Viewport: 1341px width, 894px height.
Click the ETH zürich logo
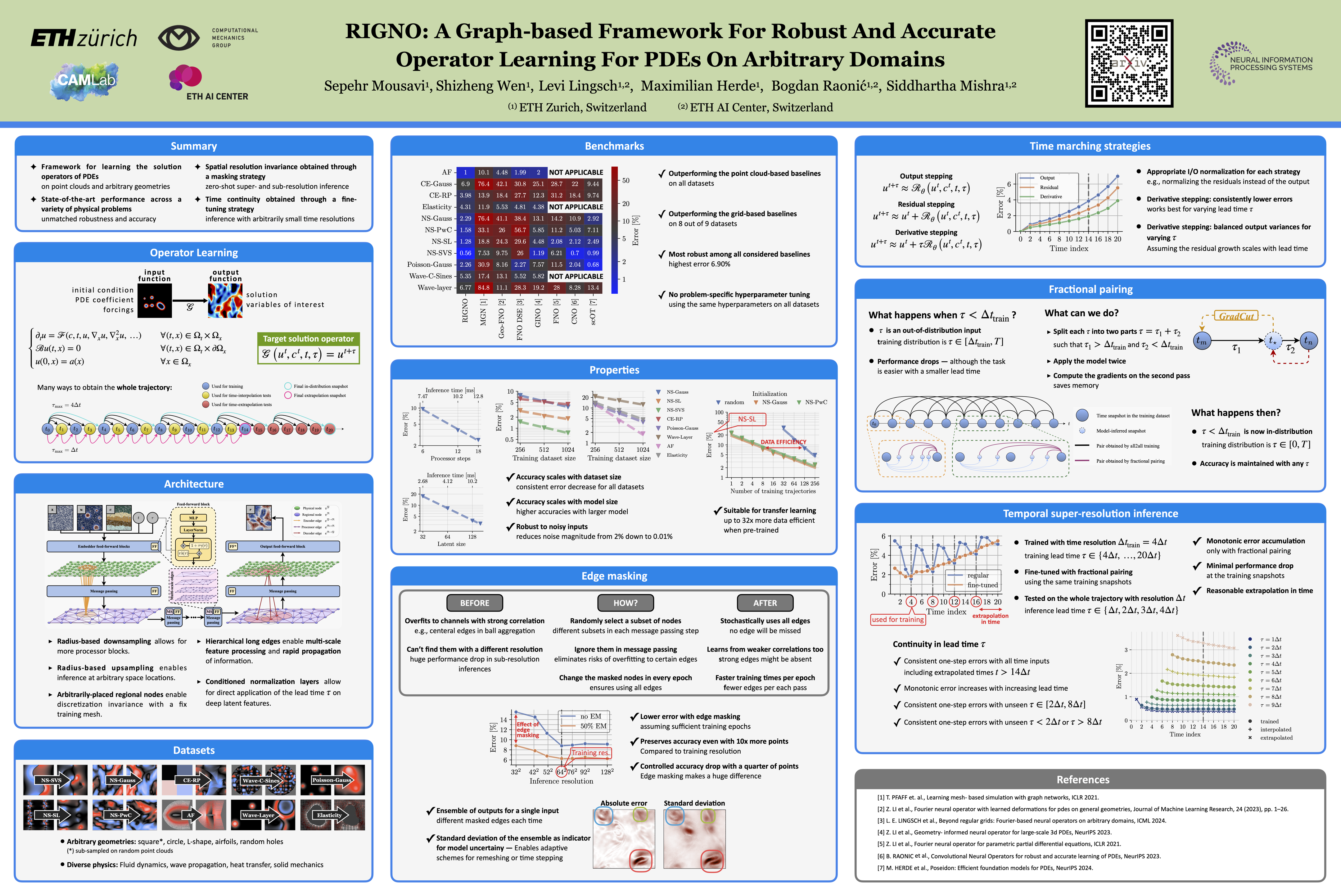[x=84, y=38]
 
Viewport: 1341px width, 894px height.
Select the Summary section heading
[x=194, y=146]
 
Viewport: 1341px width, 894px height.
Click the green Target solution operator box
[x=309, y=348]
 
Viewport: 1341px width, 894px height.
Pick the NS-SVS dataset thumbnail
[x=55, y=780]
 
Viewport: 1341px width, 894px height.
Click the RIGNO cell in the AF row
[x=465, y=172]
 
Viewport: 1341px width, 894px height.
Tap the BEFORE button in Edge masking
[x=474, y=603]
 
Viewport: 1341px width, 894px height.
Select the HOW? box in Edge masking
[x=625, y=603]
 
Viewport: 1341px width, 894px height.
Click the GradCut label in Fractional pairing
[x=1236, y=316]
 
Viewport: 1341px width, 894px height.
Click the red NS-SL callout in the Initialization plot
[x=747, y=419]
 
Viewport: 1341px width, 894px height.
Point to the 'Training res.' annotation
[x=590, y=752]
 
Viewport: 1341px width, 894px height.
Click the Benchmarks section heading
[x=614, y=146]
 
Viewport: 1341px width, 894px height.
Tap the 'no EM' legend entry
[x=585, y=716]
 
